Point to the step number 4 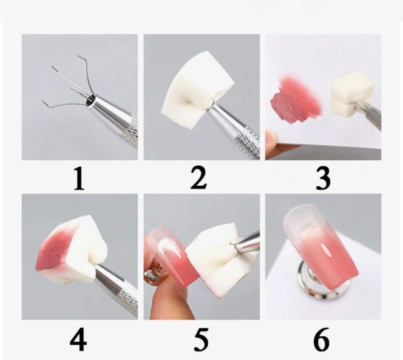[79, 339]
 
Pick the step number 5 [200, 339]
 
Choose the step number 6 [322, 339]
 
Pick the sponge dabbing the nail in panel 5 [214, 264]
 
